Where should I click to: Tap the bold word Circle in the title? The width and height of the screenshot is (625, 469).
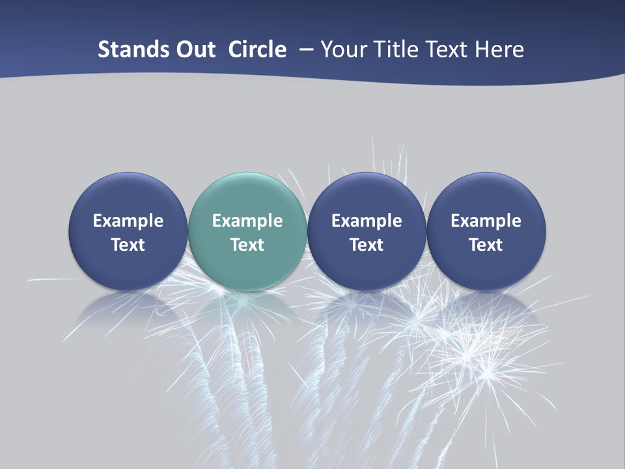(x=257, y=50)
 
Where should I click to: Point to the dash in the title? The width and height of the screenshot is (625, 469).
(x=304, y=50)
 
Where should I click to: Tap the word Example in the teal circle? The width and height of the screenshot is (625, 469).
(x=247, y=221)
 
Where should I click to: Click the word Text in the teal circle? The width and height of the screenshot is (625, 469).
(x=247, y=245)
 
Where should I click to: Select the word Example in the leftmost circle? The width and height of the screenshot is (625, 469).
(x=128, y=221)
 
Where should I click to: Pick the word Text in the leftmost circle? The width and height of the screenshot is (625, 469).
(x=128, y=245)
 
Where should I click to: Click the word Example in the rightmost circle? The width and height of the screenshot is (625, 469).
(x=486, y=221)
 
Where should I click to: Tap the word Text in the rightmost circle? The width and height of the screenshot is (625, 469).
(x=486, y=245)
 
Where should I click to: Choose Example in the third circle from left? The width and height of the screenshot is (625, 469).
(x=367, y=221)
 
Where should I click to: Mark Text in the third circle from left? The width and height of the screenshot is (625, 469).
(x=367, y=245)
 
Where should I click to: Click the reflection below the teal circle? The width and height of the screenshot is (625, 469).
(x=247, y=309)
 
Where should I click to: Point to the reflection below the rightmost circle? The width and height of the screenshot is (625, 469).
(x=486, y=309)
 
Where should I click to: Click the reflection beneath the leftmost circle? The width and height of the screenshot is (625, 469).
(x=128, y=309)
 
